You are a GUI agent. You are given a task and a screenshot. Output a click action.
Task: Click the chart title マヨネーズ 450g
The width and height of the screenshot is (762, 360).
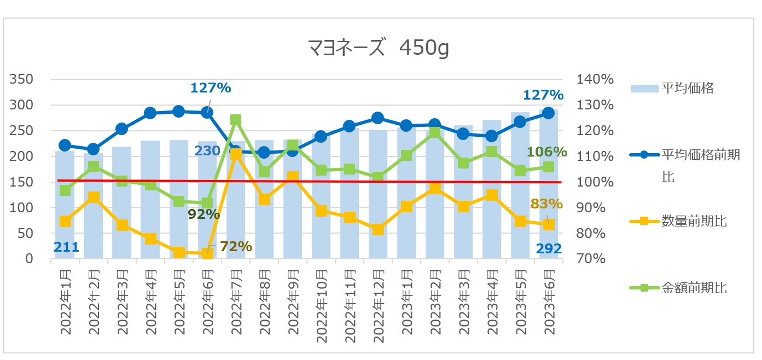[379, 49]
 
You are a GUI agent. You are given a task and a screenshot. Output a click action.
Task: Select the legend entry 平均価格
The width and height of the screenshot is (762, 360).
[688, 88]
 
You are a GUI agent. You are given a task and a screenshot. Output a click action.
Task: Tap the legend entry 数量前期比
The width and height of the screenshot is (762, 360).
[694, 222]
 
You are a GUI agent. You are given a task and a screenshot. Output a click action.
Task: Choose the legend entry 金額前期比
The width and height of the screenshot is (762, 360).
[694, 287]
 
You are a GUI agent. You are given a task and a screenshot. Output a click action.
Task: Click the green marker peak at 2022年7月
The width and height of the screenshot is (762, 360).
[236, 120]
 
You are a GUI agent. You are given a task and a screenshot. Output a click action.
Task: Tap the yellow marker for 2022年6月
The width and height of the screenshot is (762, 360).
[207, 253]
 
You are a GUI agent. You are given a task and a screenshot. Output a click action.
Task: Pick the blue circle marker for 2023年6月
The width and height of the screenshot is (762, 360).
[549, 113]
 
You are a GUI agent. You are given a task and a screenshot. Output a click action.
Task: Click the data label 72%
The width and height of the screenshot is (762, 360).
[236, 247]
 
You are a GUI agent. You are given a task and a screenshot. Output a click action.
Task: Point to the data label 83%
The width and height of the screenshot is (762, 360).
[546, 204]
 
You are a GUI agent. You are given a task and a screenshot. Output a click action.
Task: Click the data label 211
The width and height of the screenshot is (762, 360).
[66, 248]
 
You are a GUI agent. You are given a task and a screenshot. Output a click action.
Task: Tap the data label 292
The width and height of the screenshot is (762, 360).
[549, 249]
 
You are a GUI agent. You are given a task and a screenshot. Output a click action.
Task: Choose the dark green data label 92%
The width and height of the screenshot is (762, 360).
[203, 214]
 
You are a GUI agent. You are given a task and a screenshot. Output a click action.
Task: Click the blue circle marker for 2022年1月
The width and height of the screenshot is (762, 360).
[65, 146]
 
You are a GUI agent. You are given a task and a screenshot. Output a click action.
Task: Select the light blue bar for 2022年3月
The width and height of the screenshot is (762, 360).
[122, 208]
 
